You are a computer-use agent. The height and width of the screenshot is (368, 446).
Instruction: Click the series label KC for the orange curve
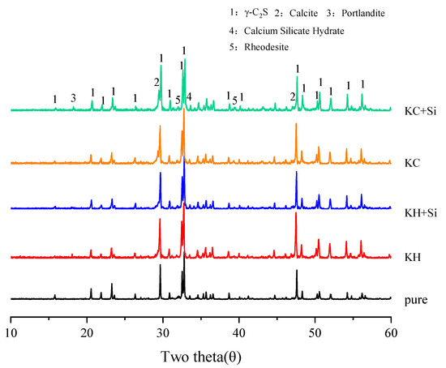(x=409, y=163)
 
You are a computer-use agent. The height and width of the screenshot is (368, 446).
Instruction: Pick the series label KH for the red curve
(x=409, y=259)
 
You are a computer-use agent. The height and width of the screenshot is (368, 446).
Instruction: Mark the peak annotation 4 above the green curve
(x=189, y=96)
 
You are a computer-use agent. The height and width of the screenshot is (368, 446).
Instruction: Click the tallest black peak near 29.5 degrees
(x=161, y=266)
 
